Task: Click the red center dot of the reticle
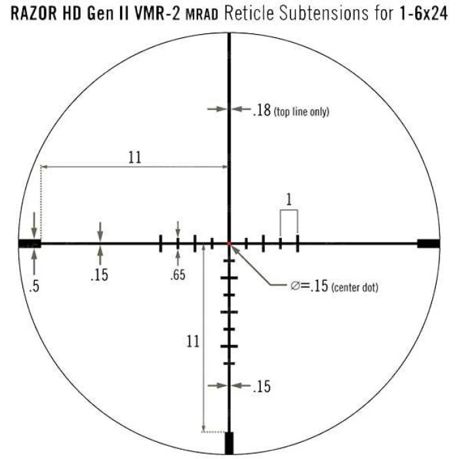pos(229,243)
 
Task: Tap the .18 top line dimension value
pos(261,111)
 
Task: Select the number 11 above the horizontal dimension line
pos(135,157)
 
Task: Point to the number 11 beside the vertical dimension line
pos(193,341)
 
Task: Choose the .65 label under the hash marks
pos(178,275)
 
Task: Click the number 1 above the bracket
pos(289,198)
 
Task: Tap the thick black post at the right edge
pos(428,243)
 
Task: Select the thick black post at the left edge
pos(30,243)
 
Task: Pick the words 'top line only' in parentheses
pos(302,112)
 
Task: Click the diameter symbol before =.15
pos(295,286)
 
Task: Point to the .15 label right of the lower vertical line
pos(261,387)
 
